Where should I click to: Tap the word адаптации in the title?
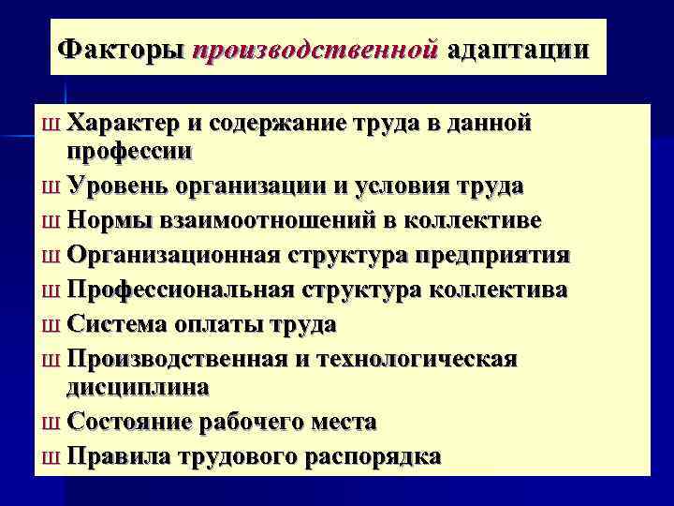click(519, 48)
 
